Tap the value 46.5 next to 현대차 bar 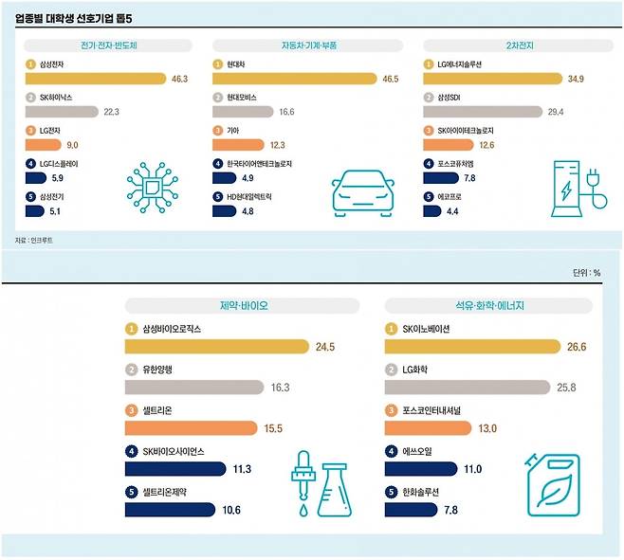389,78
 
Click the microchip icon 153,184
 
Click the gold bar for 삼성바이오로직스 217,347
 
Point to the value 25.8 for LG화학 566,388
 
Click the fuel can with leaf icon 552,484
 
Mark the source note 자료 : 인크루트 34,240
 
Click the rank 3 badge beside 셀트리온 131,411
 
